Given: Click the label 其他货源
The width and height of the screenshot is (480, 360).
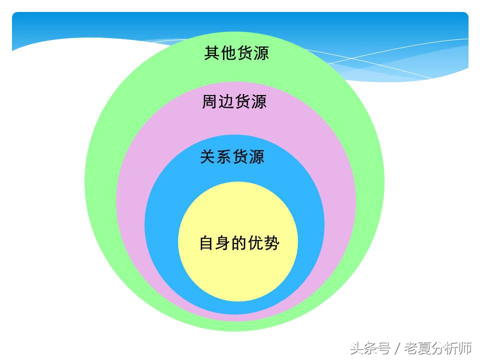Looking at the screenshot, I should click(236, 53).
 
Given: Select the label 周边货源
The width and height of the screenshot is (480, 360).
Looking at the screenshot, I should click(234, 101).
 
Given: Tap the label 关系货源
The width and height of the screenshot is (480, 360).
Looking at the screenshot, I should click(232, 157).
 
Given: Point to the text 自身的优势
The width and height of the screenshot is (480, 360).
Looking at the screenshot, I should click(239, 243).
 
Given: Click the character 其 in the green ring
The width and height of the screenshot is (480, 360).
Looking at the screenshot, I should click(212, 53).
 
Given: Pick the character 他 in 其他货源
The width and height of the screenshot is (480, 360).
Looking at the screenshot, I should click(228, 53).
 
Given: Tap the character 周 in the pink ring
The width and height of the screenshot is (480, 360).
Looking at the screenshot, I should click(210, 101).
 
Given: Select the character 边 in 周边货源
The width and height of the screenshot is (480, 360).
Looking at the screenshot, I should click(226, 101).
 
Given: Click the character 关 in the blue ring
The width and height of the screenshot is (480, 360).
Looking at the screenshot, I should click(208, 157).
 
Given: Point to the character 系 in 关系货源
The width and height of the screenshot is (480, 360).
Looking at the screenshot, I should click(224, 157).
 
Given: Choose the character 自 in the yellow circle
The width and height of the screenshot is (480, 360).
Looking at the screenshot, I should click(207, 243).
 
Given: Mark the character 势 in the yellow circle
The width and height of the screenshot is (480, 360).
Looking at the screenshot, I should click(271, 243).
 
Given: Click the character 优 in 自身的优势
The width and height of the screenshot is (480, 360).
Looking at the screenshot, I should click(255, 243).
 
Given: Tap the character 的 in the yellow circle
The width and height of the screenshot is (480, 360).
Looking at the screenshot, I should click(239, 243).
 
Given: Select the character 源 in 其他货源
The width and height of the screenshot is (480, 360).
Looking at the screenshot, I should click(260, 53).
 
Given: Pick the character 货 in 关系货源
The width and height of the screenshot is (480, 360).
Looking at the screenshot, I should click(240, 157).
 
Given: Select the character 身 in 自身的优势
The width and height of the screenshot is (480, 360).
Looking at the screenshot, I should click(223, 243).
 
